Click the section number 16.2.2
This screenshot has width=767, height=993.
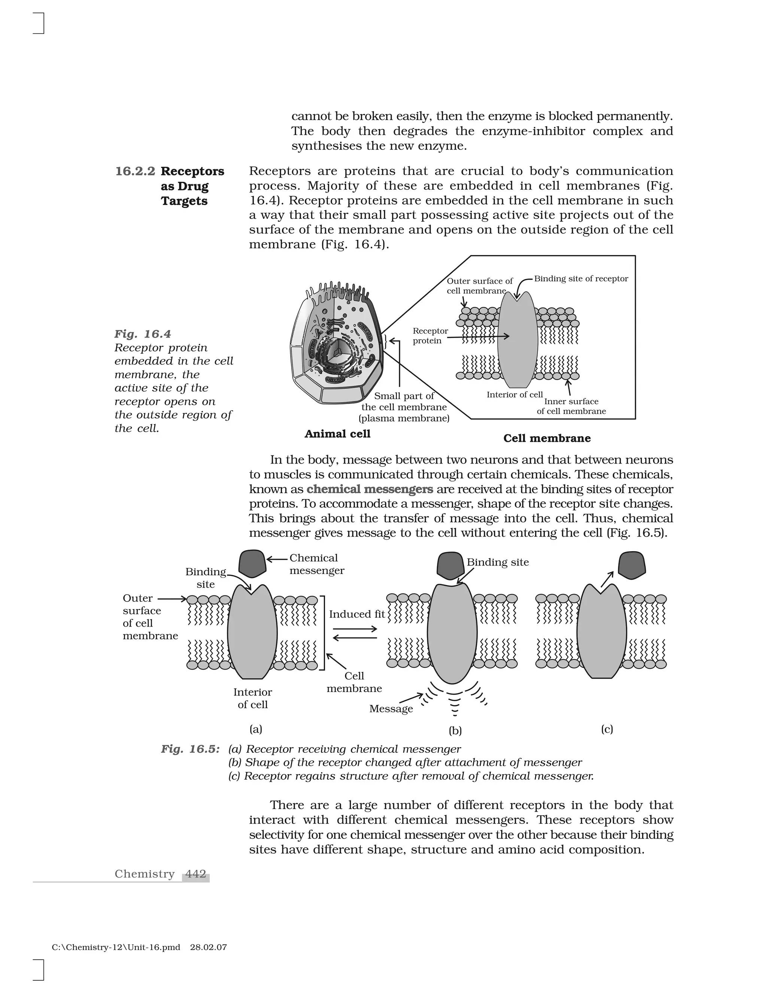135,171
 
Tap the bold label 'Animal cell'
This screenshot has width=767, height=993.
337,434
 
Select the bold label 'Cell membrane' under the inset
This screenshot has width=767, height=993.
547,438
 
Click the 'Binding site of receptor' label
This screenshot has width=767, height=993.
581,279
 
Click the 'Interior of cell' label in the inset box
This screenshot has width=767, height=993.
514,395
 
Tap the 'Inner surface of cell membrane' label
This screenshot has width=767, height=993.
571,406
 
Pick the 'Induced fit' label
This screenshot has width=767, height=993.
357,614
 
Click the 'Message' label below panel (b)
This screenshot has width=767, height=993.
391,708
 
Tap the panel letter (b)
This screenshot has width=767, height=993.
455,731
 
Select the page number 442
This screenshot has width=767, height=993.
196,874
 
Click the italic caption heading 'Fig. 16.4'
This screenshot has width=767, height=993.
143,334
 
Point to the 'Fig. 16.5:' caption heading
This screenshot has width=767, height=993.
190,749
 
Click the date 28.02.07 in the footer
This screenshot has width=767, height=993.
208,948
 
